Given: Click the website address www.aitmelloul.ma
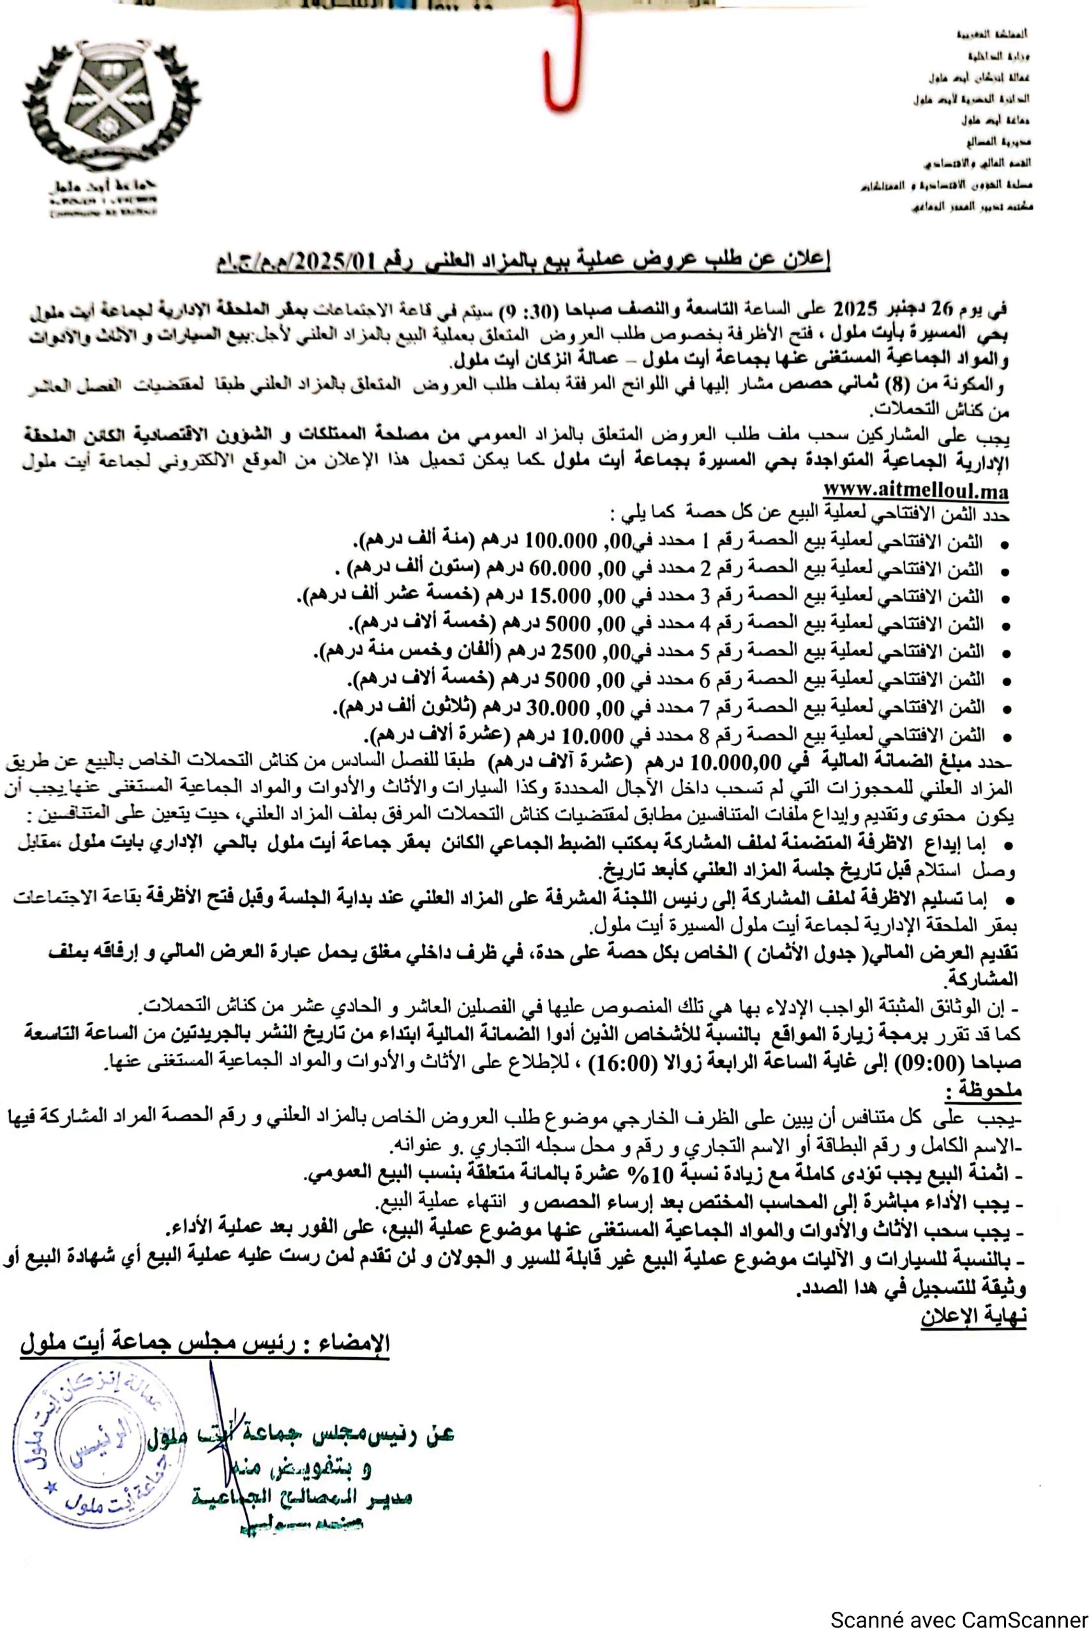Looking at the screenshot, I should coord(915,490).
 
